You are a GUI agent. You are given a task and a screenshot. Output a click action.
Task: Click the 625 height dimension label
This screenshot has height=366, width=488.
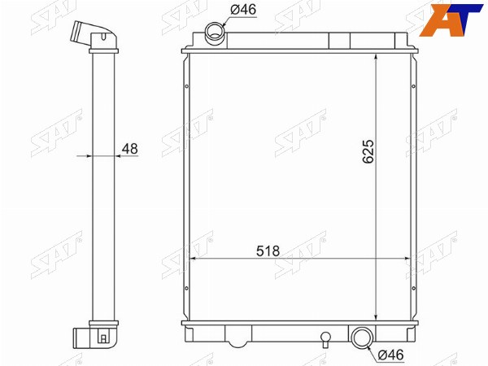[368, 151]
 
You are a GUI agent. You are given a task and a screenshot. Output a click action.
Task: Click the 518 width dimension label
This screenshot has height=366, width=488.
[268, 251]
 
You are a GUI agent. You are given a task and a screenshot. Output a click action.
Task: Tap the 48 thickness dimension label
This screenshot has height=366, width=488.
[130, 149]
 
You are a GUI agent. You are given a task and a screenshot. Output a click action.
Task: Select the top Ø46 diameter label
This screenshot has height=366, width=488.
[243, 10]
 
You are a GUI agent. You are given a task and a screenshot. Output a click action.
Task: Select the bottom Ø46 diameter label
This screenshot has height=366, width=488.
[390, 355]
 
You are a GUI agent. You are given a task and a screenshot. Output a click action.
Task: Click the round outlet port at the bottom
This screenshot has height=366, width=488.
[362, 338]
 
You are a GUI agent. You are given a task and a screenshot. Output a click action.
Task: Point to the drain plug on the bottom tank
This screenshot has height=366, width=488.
[325, 339]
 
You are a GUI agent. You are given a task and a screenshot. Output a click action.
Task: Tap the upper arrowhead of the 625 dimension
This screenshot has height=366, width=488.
[376, 57]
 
